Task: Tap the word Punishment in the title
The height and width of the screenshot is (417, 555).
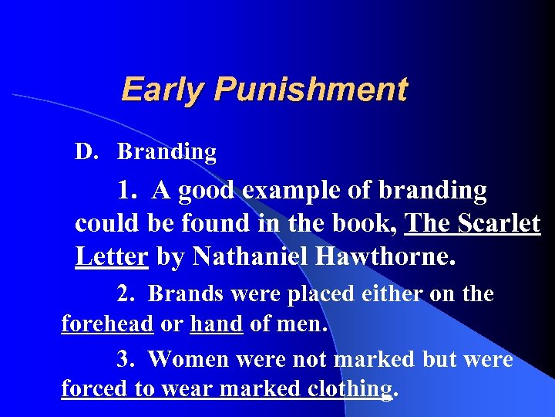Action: [x=310, y=90]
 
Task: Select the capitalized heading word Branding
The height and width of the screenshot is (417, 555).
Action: [x=166, y=152]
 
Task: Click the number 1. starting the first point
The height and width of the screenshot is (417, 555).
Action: [x=129, y=190]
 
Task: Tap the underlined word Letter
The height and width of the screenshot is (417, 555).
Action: [x=111, y=256]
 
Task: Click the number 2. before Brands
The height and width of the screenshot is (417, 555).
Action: [x=126, y=294]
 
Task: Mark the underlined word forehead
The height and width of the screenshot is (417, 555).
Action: [x=107, y=324]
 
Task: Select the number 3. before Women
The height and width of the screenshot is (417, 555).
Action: [x=126, y=359]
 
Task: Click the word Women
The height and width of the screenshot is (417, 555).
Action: [x=185, y=359]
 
